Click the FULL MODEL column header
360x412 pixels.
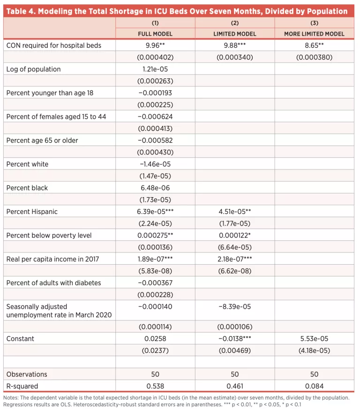pos(155,34)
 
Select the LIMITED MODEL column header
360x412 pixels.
pos(235,34)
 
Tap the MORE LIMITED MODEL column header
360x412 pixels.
pos(314,34)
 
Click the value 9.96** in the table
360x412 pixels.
pos(155,46)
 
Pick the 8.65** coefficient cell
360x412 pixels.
pos(314,46)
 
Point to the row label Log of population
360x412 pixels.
pos(34,69)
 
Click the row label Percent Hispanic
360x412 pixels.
pos(32,212)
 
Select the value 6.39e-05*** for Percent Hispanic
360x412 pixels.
pos(156,212)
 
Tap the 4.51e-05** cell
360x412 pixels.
pos(235,212)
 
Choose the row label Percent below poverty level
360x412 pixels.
pos(49,236)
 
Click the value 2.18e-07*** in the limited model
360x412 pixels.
pos(235,259)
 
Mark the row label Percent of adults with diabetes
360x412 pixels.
pos(53,283)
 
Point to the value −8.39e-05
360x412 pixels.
pos(235,306)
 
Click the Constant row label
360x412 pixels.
pos(20,338)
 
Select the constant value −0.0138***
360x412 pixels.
pos(235,338)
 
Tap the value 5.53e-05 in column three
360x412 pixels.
pos(314,338)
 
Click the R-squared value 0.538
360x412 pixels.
pos(155,386)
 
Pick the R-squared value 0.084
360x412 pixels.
pos(314,386)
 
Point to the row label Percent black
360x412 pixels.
pos(27,188)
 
